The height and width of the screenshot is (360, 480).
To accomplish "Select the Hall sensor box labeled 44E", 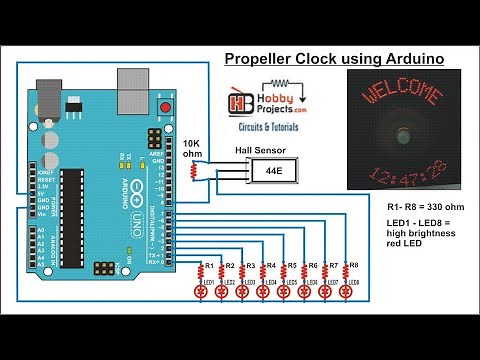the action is (x=273, y=171).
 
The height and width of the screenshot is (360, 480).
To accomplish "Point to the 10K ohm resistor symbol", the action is (x=195, y=172).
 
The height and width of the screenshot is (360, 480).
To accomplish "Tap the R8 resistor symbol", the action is (x=347, y=270).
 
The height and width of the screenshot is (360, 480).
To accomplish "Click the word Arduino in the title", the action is (x=410, y=59).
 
